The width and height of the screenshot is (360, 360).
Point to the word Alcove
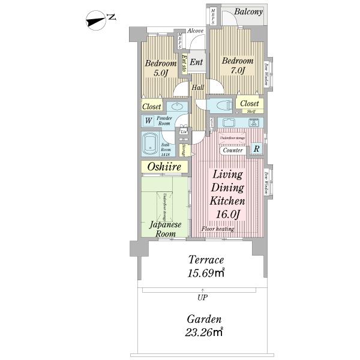[196, 31]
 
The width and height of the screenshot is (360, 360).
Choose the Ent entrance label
[196, 62]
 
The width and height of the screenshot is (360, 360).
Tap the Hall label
[197, 88]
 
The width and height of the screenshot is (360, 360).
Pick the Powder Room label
[165, 121]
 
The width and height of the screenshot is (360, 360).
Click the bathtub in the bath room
[149, 145]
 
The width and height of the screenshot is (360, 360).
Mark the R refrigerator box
[256, 149]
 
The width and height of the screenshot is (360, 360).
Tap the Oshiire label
[164, 167]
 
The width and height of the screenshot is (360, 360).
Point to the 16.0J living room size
[227, 214]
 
